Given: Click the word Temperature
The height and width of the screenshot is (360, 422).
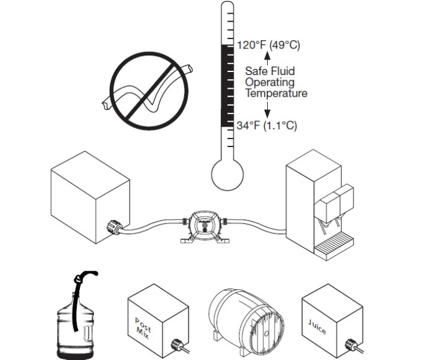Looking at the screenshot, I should [x=276, y=94].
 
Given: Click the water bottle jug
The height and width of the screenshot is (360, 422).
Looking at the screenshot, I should [x=75, y=324].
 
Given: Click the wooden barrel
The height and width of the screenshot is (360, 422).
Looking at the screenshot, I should [x=247, y=318].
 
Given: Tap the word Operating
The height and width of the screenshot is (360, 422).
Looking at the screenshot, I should [x=270, y=83].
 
